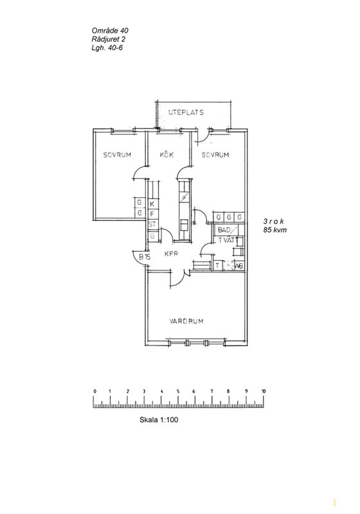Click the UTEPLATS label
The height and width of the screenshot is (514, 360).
[x=186, y=112]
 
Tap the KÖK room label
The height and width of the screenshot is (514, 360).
[x=166, y=155]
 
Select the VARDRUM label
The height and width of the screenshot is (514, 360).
[x=186, y=321]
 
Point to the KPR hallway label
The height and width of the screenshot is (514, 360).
[x=171, y=254]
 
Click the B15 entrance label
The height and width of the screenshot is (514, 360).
[x=144, y=257]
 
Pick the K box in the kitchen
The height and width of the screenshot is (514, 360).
[x=152, y=204]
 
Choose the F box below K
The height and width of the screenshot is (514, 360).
[x=152, y=214]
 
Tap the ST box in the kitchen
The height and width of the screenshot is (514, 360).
[x=152, y=224]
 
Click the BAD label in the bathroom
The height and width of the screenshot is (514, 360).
[x=224, y=230]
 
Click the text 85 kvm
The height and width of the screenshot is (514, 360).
[x=274, y=230]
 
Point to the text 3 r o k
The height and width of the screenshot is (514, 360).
[x=273, y=221]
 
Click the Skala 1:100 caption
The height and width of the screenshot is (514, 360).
[x=159, y=420]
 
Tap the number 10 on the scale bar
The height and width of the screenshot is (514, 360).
[x=264, y=391]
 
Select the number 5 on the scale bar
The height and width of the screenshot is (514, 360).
[x=178, y=391]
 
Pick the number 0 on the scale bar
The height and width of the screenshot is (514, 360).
[x=94, y=391]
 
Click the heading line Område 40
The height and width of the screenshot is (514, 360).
[x=110, y=30]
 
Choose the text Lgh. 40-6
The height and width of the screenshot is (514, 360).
[x=107, y=48]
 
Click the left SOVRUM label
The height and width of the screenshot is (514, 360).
[x=117, y=155]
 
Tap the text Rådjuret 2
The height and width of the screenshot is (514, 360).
[x=108, y=39]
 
